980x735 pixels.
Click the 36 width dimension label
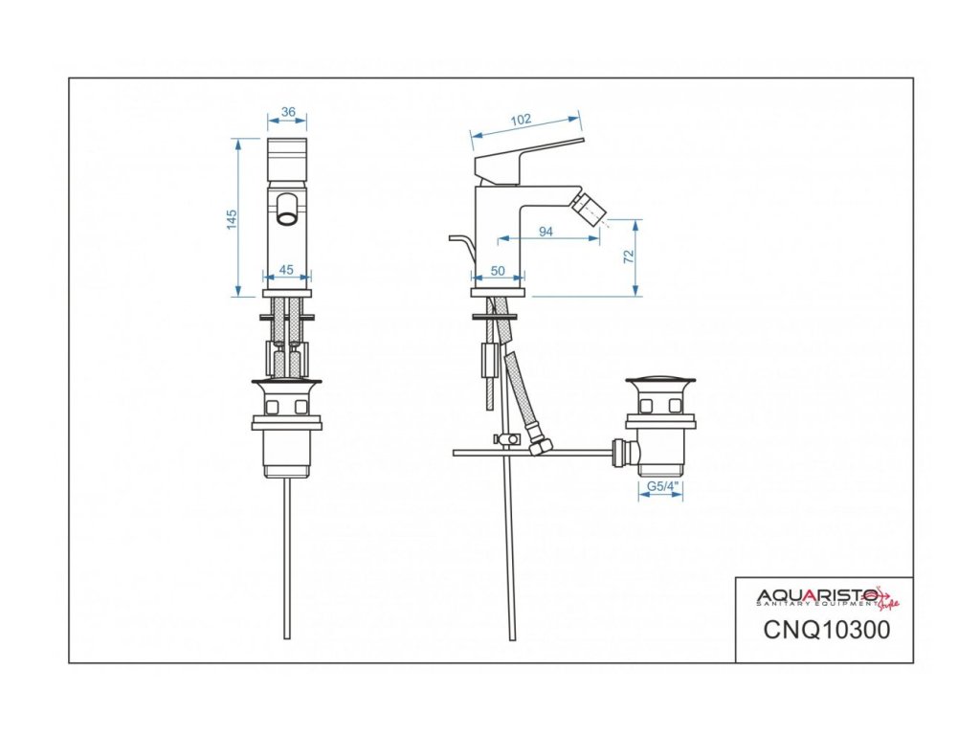(288, 112)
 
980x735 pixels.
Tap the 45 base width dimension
(285, 269)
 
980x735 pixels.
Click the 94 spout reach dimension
(546, 231)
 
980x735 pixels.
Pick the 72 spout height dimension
(629, 256)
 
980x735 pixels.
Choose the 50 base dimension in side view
(498, 271)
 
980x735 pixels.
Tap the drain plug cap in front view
(287, 385)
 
